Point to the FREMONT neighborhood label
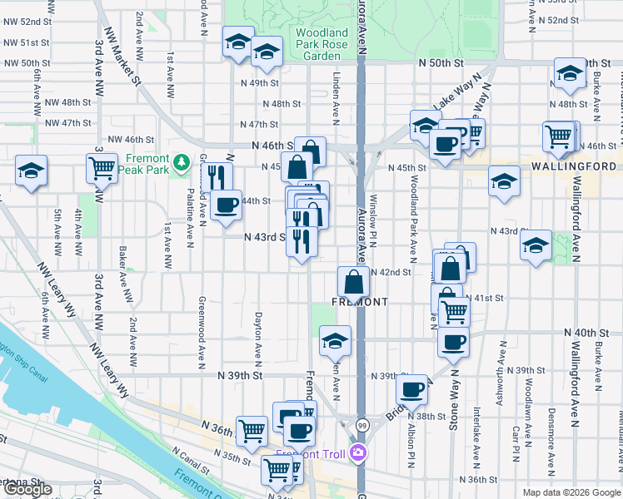(x=360, y=302)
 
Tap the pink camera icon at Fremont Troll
(x=359, y=452)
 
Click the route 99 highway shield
(x=361, y=425)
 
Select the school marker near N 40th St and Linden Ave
(x=335, y=339)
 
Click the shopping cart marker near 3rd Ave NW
(x=102, y=168)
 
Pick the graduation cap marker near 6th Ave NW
(x=32, y=171)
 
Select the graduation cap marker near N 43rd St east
(x=536, y=245)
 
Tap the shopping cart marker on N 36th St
(x=252, y=429)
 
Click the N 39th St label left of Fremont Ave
(x=241, y=376)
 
